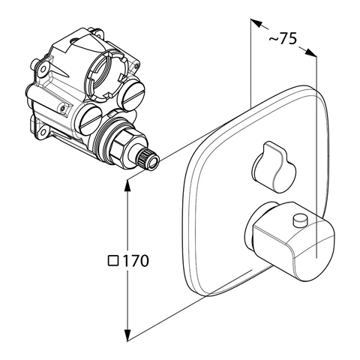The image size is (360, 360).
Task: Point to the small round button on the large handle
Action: (301, 220)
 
